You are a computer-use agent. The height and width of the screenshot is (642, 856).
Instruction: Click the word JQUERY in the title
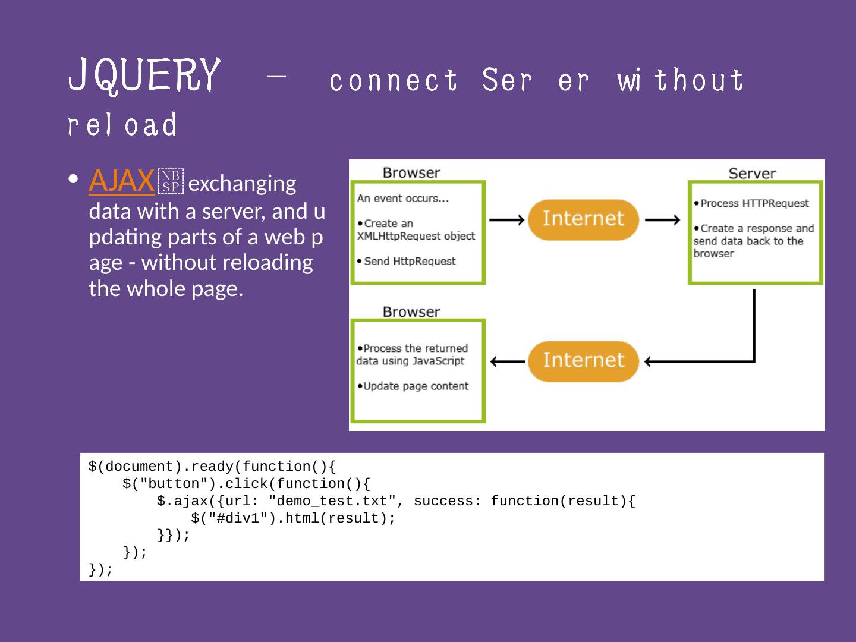(144, 75)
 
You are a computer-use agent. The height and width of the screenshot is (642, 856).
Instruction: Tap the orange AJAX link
(121, 181)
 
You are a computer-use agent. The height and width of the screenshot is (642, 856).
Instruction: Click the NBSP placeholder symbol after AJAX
(171, 182)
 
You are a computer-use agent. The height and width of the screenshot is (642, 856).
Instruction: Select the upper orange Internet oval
(583, 219)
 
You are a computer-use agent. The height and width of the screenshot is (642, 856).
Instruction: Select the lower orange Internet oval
(583, 360)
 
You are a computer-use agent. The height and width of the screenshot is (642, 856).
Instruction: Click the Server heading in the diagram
(752, 174)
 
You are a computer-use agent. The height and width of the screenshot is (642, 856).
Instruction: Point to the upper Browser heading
(411, 173)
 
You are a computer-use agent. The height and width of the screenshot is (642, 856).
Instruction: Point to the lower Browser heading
(411, 312)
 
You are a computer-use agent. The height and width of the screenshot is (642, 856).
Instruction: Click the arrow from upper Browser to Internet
(506, 219)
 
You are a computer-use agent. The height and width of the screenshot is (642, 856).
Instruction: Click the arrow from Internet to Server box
(662, 219)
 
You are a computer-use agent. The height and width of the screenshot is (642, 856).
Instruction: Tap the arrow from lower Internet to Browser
(508, 361)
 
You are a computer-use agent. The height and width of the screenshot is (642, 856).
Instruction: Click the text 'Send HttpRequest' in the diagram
(410, 261)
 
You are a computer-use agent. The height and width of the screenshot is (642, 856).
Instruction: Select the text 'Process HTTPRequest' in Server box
(754, 203)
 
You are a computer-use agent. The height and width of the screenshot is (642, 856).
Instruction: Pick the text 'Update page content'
(416, 386)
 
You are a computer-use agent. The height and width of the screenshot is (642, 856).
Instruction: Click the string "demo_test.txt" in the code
(332, 501)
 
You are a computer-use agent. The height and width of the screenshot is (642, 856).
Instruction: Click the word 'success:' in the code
(447, 501)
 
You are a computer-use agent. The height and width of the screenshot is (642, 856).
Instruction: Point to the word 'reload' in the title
(122, 124)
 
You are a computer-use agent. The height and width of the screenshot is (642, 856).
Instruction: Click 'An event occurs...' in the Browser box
(402, 199)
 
